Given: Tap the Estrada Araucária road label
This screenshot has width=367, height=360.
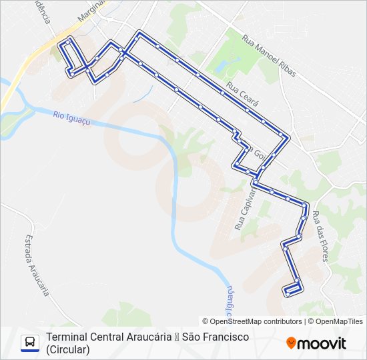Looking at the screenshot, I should (37, 265).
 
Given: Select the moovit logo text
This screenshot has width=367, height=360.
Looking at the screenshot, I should (322, 343).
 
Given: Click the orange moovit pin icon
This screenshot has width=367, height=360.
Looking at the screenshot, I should (291, 343).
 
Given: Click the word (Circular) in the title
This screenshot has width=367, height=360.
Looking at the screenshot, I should (67, 349).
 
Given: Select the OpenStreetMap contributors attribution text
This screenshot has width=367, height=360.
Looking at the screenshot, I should (252, 321).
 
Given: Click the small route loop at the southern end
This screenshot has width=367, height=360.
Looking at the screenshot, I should (293, 289).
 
